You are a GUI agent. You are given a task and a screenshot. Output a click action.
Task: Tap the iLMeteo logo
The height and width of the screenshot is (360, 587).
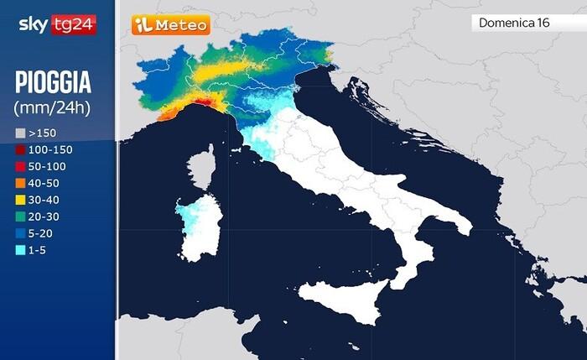pos(170,25)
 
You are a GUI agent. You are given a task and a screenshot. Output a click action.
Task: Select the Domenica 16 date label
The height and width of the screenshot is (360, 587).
pos(514,23)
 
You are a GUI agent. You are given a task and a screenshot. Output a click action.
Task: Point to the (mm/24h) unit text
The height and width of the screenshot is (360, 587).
pos(52,107)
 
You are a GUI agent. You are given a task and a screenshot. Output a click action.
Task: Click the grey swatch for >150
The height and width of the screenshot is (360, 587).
pos(20,133)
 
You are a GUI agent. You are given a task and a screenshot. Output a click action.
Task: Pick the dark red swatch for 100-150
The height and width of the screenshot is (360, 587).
pos(20,149)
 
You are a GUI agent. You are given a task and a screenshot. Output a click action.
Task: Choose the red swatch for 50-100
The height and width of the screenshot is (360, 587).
pos(20,166)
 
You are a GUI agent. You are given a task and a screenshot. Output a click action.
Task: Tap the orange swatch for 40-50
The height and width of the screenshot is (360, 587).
pos(20,183)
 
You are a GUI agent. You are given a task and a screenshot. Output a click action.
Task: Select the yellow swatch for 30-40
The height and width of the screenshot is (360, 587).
pos(20,200)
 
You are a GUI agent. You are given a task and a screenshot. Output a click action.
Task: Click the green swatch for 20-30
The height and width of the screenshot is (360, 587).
pos(20,217)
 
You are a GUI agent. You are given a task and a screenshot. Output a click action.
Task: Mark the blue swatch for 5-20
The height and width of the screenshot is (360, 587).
pos(20,233)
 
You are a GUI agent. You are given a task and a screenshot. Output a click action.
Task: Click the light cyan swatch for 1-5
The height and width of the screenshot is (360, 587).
pos(20,250)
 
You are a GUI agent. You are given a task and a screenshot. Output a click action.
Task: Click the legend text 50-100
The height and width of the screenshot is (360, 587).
pos(47,166)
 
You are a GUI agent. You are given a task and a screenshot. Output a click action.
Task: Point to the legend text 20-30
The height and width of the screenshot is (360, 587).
pos(44,217)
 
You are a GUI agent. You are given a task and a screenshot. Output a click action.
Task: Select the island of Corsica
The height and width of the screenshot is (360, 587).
pos(201,168)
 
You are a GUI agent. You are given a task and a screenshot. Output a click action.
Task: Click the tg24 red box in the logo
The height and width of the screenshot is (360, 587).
pos(77,24)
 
